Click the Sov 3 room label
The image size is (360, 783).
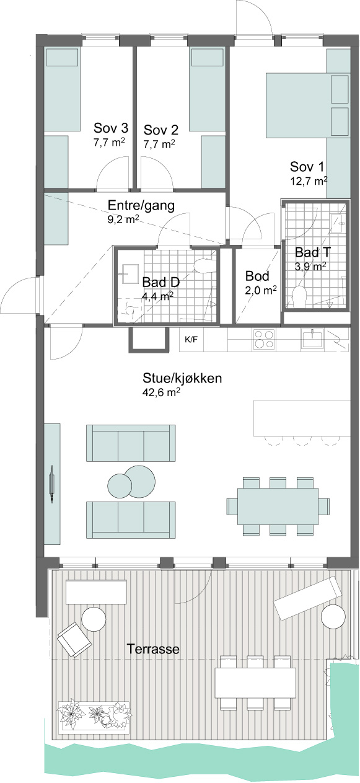111,128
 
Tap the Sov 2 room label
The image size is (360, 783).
160,130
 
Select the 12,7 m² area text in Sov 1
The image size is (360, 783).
309,181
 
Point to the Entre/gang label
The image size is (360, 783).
141,205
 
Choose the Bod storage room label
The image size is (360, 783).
257,276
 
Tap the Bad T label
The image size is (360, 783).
313,252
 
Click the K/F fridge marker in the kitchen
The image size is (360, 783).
191,338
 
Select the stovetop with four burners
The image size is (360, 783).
264,339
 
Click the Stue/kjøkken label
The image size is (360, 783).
182,379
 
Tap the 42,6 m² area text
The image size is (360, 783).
161,392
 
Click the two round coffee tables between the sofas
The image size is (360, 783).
131,483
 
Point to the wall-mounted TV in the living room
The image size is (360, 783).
51,484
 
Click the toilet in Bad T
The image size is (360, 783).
300,296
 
